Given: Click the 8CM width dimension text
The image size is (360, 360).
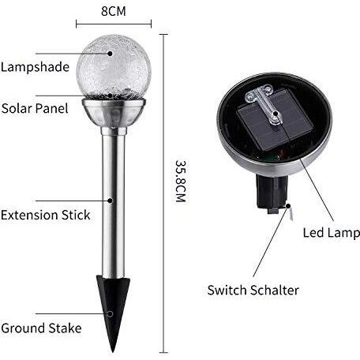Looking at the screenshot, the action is pyautogui.click(x=114, y=11).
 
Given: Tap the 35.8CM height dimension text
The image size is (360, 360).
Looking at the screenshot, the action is pyautogui.click(x=181, y=181).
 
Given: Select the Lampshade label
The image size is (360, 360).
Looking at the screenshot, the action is pyautogui.click(x=35, y=67).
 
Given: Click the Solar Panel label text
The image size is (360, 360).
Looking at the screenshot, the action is pyautogui.click(x=35, y=108).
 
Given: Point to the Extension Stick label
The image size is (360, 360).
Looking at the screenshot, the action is pyautogui.click(x=46, y=215).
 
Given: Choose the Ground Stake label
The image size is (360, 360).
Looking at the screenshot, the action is pyautogui.click(x=41, y=328).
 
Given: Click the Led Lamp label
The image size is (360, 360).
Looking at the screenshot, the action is pyautogui.click(x=331, y=233).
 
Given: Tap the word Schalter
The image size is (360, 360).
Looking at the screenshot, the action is pyautogui.click(x=275, y=291).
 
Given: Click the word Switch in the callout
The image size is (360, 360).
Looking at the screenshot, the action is pyautogui.click(x=227, y=291).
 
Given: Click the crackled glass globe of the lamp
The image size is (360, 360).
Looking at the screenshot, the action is pyautogui.click(x=114, y=66).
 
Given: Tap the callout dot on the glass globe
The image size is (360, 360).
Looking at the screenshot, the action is pyautogui.click(x=110, y=54).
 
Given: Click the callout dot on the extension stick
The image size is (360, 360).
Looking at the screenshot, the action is pyautogui.click(x=111, y=201).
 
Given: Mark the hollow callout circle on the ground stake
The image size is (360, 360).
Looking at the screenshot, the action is pyautogui.click(x=111, y=313).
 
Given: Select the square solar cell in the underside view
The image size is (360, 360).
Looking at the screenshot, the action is pyautogui.click(x=275, y=120).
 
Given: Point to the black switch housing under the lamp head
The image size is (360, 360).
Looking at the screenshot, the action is pyautogui.click(x=272, y=193).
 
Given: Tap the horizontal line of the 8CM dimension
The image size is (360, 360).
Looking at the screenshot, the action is pyautogui.click(x=114, y=24).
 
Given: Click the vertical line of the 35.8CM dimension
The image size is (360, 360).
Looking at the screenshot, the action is pyautogui.click(x=163, y=193).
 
